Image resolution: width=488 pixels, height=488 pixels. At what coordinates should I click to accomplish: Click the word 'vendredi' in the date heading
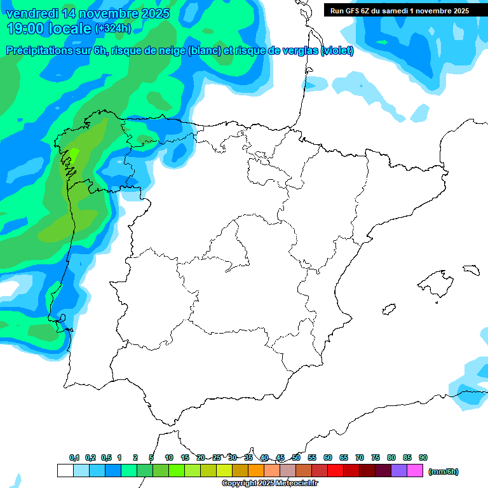(32, 13)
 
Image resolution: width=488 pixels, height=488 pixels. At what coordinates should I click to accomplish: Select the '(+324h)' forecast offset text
(112, 29)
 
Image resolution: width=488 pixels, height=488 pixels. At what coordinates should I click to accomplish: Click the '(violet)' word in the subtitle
(337, 51)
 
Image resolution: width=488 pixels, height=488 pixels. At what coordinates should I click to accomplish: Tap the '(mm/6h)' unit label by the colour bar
(443, 471)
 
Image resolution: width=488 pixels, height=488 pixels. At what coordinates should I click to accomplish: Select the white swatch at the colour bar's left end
(65, 471)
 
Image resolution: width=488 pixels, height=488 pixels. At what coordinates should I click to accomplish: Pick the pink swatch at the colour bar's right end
(415, 471)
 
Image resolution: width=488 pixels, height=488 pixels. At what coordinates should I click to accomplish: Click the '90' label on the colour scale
(423, 457)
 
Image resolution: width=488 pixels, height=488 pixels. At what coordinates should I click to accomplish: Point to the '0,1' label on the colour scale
(74, 457)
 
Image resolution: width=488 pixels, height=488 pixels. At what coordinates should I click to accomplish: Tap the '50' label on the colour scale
(296, 457)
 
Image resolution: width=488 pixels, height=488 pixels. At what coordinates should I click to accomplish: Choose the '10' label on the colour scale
(169, 457)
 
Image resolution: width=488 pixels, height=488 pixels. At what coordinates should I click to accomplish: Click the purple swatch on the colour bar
(399, 471)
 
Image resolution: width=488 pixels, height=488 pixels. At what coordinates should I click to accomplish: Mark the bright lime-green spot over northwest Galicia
(73, 154)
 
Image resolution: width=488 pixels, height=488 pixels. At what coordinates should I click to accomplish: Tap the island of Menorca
(471, 269)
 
